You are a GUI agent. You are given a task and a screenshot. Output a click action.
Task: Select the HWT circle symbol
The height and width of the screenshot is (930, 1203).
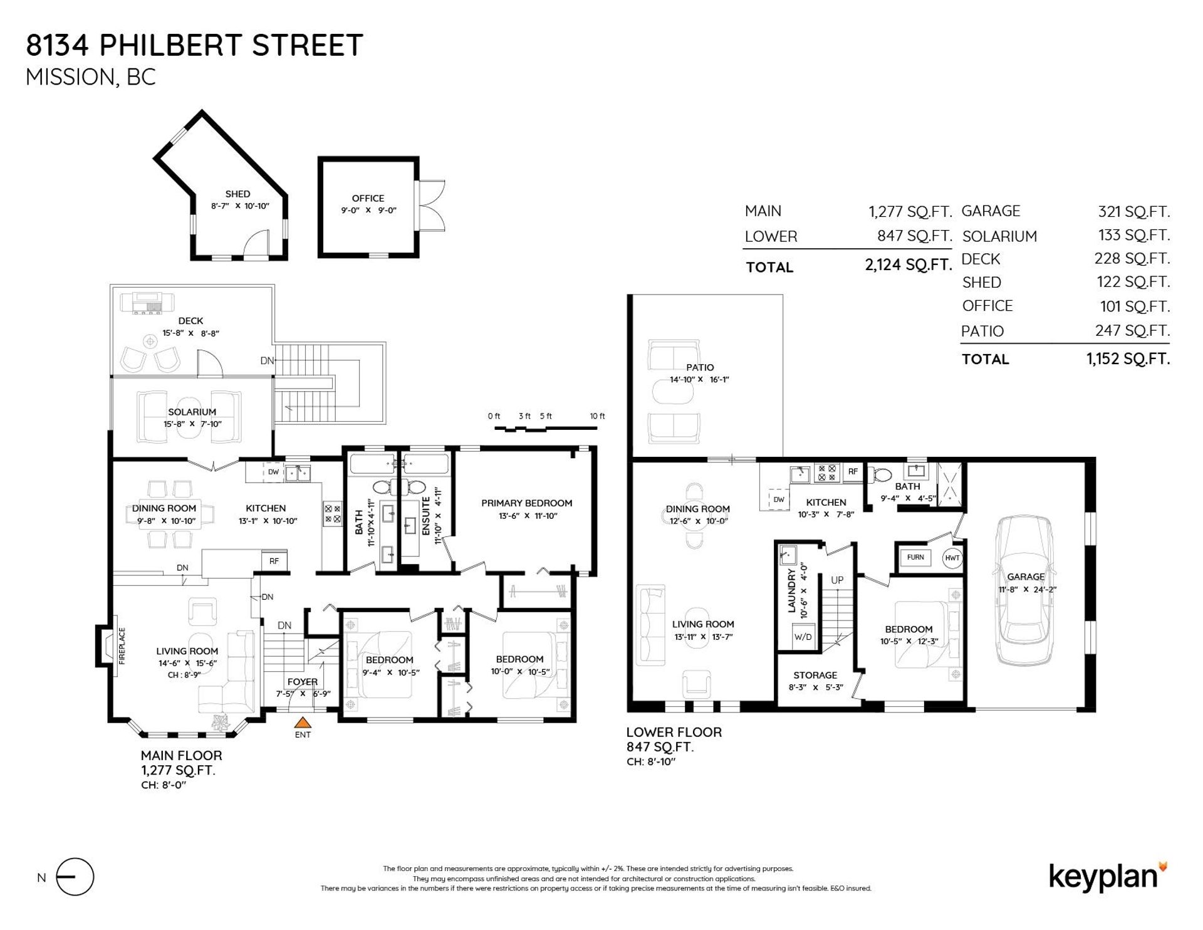click(x=952, y=558)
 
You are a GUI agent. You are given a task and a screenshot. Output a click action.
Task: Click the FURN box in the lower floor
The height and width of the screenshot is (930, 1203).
click(x=915, y=557)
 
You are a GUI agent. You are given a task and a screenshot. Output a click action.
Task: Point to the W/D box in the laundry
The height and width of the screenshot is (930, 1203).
click(x=803, y=637)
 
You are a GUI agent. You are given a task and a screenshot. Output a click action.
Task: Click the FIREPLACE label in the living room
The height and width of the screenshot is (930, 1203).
click(x=122, y=645)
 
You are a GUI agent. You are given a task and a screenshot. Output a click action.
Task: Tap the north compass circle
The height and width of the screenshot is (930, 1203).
click(x=75, y=877)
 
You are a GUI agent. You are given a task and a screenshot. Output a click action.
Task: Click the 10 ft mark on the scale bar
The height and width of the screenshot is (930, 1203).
click(x=597, y=416)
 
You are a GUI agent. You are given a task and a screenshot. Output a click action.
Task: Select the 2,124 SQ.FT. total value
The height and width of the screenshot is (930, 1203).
click(x=908, y=265)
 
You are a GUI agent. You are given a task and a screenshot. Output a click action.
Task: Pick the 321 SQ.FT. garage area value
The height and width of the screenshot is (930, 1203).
click(x=1133, y=212)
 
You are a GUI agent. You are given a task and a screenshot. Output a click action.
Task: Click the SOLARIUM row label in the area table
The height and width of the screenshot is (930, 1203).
click(x=999, y=236)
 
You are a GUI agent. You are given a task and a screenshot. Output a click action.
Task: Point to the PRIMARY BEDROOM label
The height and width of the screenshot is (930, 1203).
click(x=526, y=503)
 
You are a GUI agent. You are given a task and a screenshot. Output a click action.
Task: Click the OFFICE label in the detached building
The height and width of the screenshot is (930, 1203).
click(x=368, y=198)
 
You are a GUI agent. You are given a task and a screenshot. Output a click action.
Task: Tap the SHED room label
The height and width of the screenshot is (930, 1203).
click(x=237, y=194)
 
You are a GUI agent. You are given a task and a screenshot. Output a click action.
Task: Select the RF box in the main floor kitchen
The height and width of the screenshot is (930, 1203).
click(x=274, y=561)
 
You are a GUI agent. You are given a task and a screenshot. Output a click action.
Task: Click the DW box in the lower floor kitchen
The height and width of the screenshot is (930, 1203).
click(x=779, y=499)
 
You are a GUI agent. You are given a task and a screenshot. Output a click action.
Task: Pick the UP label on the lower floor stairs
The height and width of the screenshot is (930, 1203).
click(x=837, y=580)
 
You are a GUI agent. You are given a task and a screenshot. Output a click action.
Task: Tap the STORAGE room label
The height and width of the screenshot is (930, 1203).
click(x=815, y=675)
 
